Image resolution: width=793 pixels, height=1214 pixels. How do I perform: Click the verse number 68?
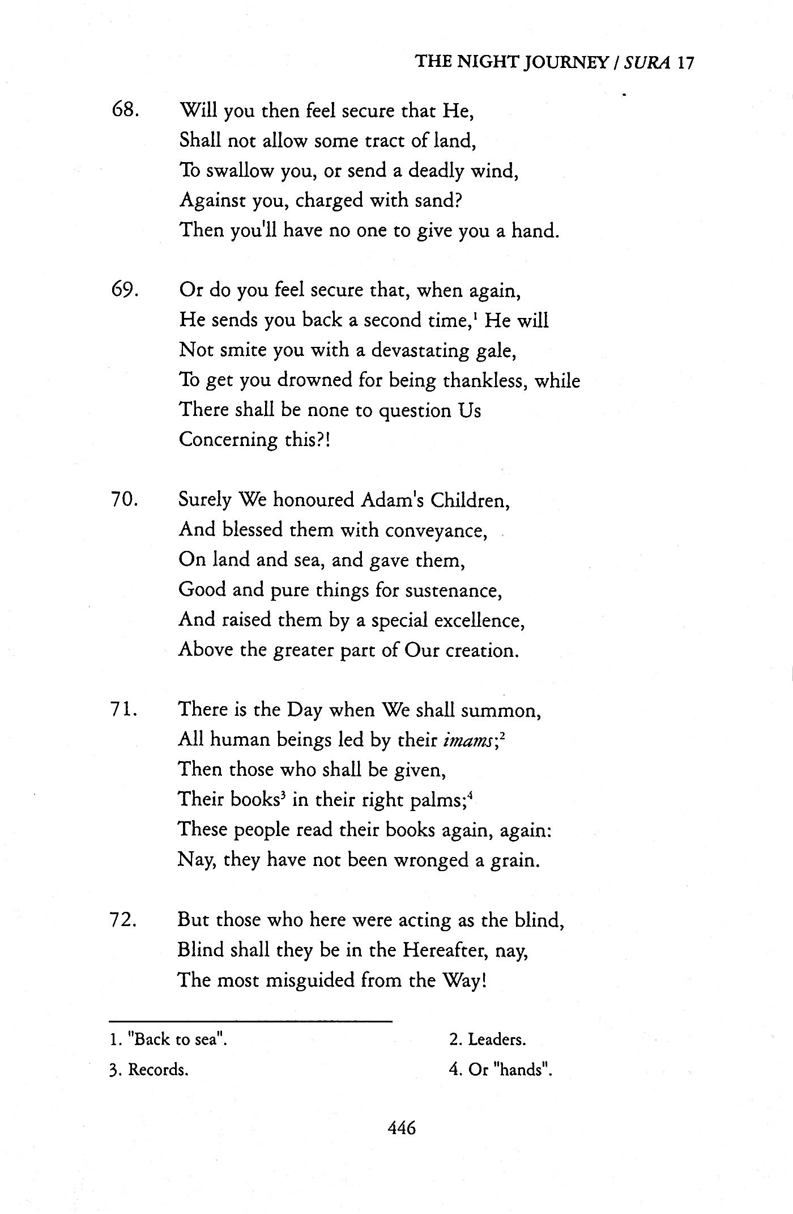click(125, 110)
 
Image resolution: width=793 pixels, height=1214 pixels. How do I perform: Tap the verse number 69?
click(125, 290)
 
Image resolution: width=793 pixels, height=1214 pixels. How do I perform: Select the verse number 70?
click(125, 500)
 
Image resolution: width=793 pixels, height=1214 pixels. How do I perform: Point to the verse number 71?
click(125, 710)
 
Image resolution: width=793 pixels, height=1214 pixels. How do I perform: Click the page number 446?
click(402, 1127)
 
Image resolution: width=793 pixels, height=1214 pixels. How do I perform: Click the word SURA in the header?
click(649, 62)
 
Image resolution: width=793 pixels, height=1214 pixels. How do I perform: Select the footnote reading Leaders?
click(488, 1039)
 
